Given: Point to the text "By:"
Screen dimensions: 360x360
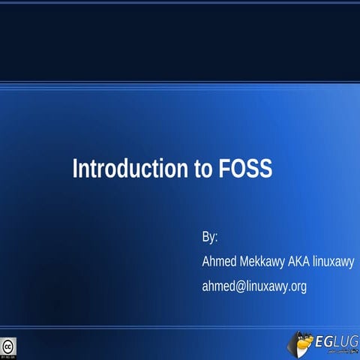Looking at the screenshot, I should tap(210, 237).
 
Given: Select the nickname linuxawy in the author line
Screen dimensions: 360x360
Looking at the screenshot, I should tap(334, 262).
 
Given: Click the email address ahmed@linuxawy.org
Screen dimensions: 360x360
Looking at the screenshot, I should tap(254, 286).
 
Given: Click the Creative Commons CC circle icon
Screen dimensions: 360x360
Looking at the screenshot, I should tap(7, 346).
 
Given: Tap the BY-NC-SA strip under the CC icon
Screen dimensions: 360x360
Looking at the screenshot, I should tap(7, 355).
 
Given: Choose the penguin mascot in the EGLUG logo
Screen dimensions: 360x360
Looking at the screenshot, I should tap(301, 344).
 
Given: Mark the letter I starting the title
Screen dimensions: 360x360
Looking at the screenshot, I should tap(75, 168).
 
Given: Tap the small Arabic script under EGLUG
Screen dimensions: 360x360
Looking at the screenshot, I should tap(335, 352).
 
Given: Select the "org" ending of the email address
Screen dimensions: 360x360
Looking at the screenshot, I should tap(298, 287).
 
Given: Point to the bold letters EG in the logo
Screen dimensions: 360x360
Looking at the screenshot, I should tap(325, 342).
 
